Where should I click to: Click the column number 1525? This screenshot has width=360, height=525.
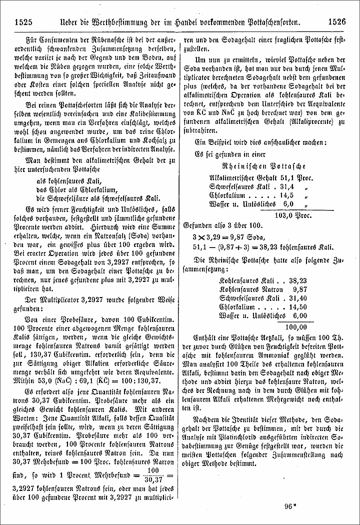click(x=24, y=21)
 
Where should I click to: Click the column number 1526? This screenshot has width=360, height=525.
click(x=337, y=21)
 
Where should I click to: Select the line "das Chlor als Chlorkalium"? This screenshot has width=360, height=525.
click(x=75, y=189)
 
